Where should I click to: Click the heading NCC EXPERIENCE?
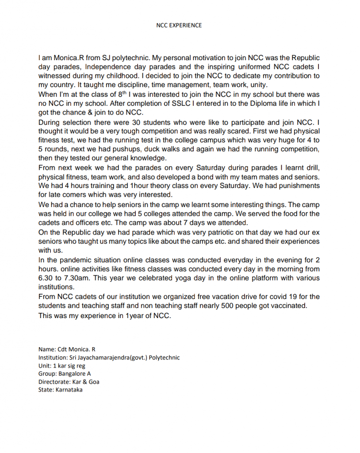tap(179, 25)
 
